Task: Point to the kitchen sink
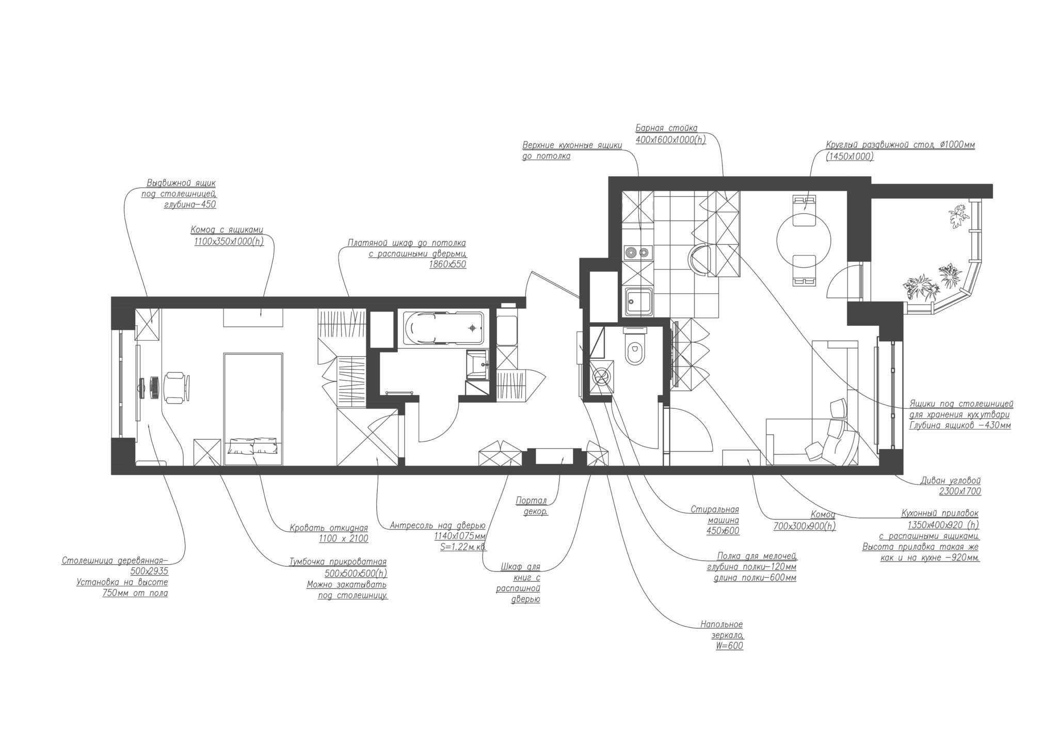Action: click(638, 301)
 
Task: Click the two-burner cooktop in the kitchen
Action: click(637, 253)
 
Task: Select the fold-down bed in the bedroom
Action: click(253, 409)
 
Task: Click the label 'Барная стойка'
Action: click(666, 128)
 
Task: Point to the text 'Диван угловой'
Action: click(950, 481)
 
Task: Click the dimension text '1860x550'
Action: click(447, 264)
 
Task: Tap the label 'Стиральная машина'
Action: click(715, 515)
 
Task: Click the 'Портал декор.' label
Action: click(532, 506)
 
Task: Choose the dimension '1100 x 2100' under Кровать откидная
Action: click(344, 539)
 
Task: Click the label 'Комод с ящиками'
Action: click(227, 230)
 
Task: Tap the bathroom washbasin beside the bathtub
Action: click(477, 364)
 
